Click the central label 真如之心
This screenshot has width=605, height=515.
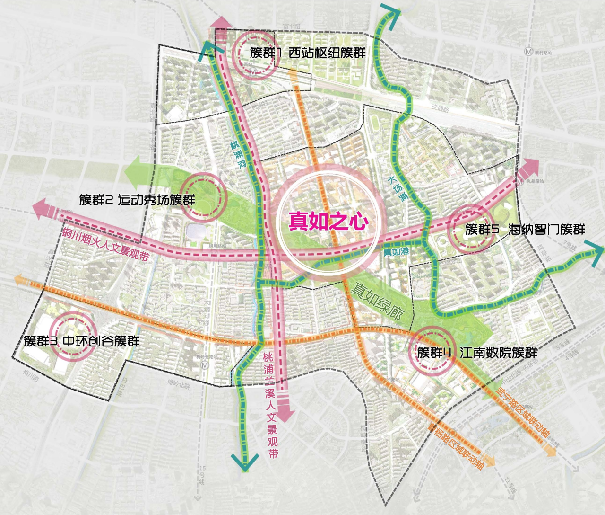(328, 221)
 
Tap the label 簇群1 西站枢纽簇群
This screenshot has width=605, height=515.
(308, 53)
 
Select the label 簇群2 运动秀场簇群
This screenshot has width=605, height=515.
(137, 200)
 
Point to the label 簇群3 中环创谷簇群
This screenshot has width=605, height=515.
(82, 341)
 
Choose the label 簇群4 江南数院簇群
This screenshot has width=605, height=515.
(477, 353)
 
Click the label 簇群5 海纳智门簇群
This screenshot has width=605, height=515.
(525, 230)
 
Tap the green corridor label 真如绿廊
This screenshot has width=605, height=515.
(377, 300)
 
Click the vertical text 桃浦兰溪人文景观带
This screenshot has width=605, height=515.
(271, 405)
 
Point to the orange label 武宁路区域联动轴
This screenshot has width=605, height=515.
(523, 412)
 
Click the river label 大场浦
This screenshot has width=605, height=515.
(397, 188)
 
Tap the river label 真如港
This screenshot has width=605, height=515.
(396, 252)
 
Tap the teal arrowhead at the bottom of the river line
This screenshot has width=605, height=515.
(245, 462)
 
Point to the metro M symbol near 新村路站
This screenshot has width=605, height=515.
(528, 52)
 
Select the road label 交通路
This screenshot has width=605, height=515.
(440, 108)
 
